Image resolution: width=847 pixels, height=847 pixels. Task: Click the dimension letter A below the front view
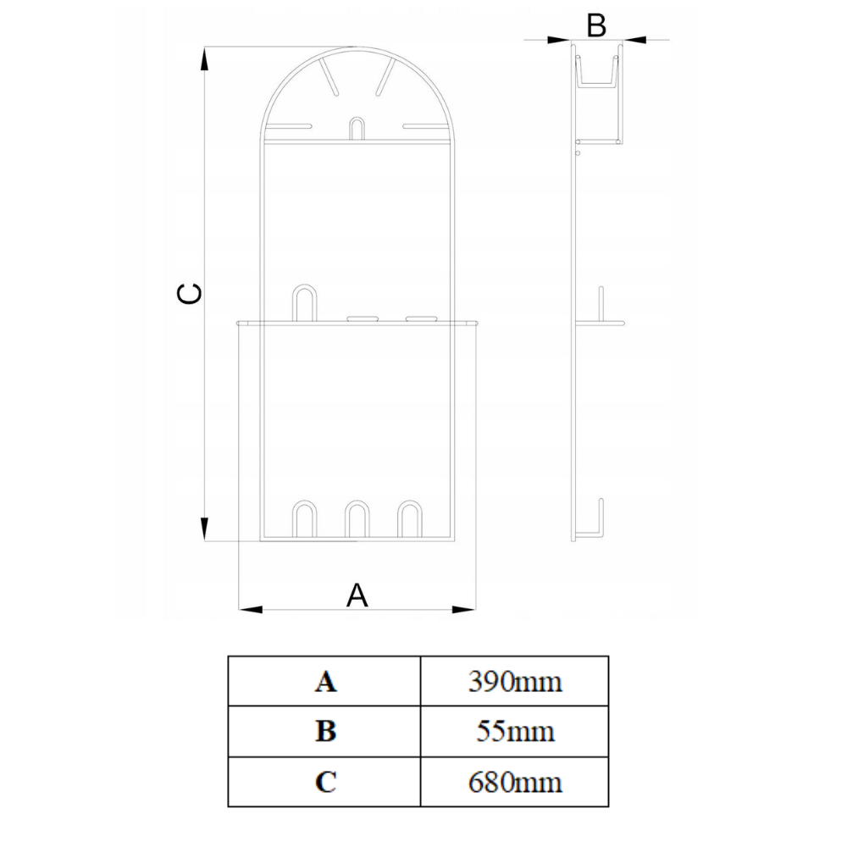coord(358,595)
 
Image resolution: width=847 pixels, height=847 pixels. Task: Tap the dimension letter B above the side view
coord(596,26)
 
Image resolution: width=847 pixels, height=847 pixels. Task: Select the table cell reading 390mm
coord(515,681)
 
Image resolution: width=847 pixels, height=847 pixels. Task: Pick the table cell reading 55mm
coord(515,731)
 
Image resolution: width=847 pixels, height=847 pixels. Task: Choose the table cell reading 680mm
coord(515,781)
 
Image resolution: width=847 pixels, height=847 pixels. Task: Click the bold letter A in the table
coord(325,681)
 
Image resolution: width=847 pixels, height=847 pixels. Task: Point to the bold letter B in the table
coord(325,731)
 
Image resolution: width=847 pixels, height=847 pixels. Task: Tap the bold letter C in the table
coord(325,781)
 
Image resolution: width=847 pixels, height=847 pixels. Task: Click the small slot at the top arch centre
coord(357,128)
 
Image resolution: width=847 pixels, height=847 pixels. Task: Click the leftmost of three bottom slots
coord(305,519)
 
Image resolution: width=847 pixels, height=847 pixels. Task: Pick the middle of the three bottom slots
coord(357,519)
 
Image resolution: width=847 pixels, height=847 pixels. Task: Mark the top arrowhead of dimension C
coord(204,59)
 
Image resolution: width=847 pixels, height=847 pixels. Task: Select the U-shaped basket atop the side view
coord(599,71)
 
